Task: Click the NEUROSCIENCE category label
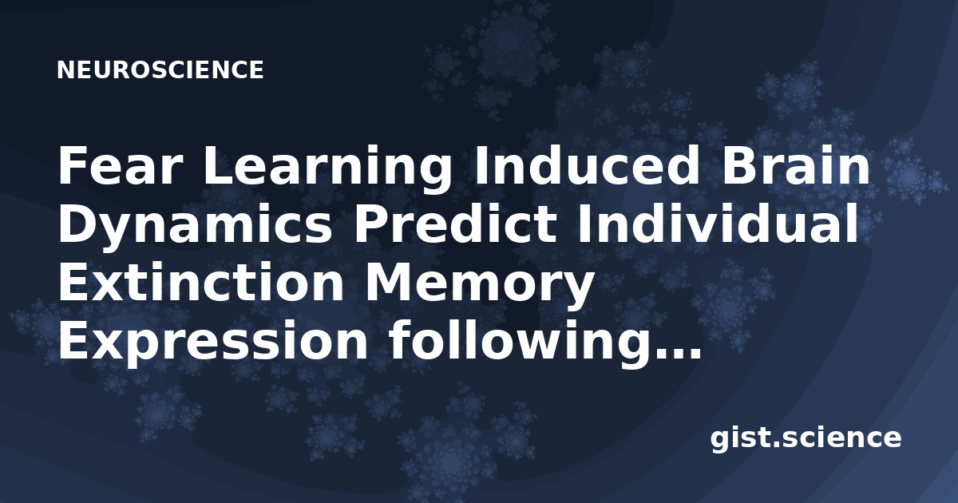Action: pos(160,70)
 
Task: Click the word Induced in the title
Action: pos(587,164)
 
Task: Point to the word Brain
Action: pos(795,164)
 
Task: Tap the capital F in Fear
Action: pos(73,165)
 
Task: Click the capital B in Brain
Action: pos(738,165)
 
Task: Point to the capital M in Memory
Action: pos(386,281)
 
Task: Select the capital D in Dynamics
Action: pos(77,223)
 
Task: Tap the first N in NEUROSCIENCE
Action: pos(65,70)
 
